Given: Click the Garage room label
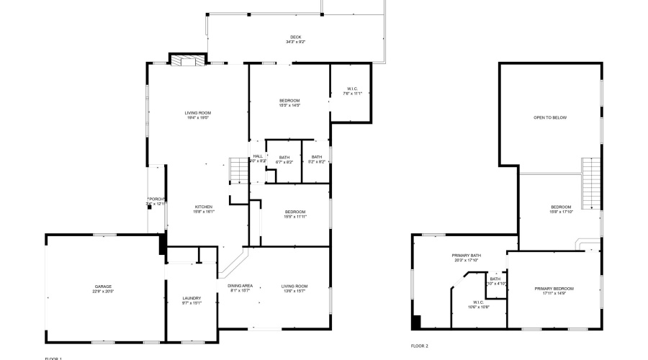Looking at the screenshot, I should point(102,287).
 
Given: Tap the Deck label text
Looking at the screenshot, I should point(295,37).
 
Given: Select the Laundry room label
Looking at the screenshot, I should point(192,298).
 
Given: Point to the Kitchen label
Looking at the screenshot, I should point(203,207).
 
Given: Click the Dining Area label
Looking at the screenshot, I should point(240,287).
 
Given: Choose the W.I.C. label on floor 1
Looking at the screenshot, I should point(350,89).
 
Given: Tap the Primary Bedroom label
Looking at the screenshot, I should point(554,288).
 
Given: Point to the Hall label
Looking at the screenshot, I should point(257,156).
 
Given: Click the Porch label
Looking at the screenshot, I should point(157,199).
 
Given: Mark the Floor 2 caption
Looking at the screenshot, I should point(419,346).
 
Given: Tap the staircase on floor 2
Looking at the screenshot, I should point(590,184).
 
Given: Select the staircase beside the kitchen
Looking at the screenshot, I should point(237,171).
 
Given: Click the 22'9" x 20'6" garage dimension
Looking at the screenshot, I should point(102,292).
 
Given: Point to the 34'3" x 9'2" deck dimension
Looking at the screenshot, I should point(295,42).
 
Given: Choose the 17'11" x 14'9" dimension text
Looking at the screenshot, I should point(554,293).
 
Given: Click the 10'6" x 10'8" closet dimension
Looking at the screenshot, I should point(478,307).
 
